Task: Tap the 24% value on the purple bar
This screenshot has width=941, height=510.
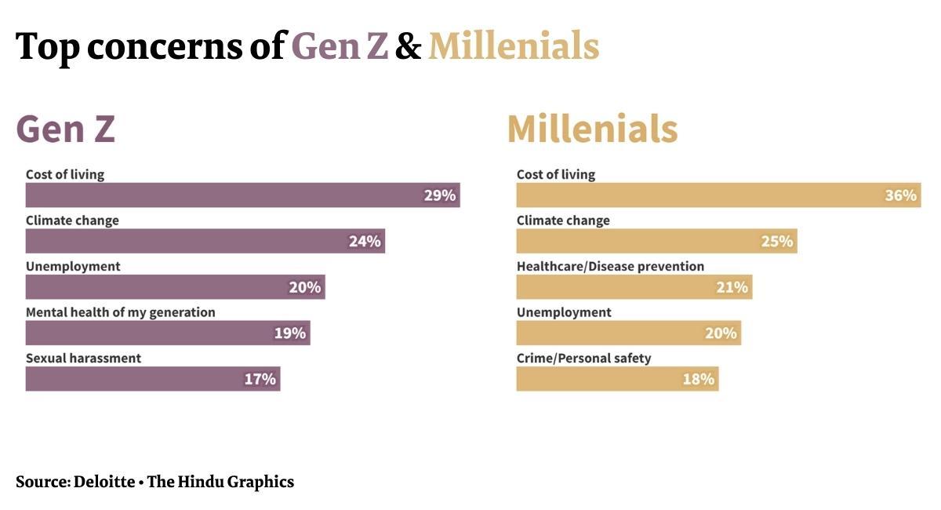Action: [x=365, y=241]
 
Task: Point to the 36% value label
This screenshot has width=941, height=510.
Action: [x=900, y=195]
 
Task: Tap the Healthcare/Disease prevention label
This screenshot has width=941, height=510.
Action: [x=610, y=266]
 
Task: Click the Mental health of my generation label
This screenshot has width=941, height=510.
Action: [x=120, y=312]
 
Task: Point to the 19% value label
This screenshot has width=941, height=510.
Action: [x=289, y=333]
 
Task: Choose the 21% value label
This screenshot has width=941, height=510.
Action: [x=732, y=287]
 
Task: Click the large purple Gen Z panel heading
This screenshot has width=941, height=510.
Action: [x=66, y=129]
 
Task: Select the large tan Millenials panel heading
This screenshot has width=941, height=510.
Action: [x=592, y=129]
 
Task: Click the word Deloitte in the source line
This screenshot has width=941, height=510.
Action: [x=104, y=482]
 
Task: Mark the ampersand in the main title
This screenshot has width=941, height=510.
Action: [x=408, y=47]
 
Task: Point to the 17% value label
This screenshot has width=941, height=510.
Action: [x=260, y=379]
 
